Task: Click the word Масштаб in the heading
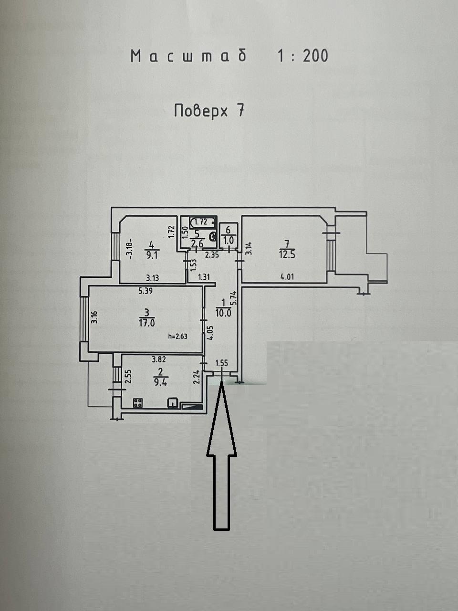(189, 56)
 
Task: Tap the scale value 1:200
(303, 56)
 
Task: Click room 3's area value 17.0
(147, 323)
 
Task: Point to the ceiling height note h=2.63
(178, 336)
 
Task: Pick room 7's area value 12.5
(287, 254)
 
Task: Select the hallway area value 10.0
(223, 313)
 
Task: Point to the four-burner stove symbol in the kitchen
(138, 403)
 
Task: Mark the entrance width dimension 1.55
(222, 363)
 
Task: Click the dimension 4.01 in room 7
(287, 277)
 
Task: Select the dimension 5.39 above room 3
(146, 290)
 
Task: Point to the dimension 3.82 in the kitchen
(159, 359)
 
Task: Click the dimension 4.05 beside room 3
(210, 332)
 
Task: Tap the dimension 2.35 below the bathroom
(212, 255)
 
